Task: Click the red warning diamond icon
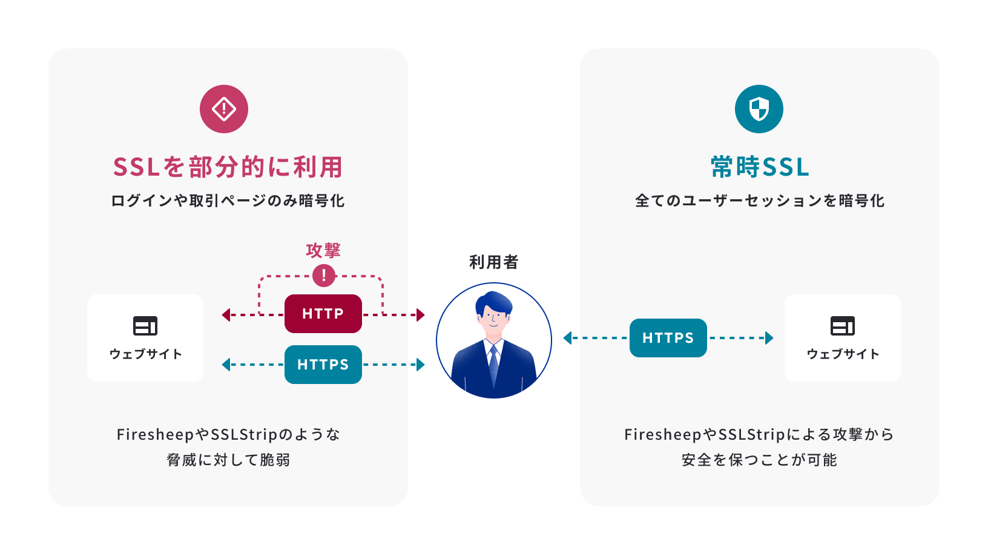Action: pos(224,109)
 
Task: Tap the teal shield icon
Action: pos(759,109)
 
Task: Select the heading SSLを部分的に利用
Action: pos(228,167)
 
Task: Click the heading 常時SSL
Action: pos(760,167)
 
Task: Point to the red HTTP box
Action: pos(323,314)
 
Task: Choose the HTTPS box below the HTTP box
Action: pos(323,365)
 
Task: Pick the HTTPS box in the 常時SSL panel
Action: pos(668,338)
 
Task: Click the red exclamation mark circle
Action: pos(324,276)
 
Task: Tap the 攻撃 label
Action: pos(323,250)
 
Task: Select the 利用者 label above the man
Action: pos(494,262)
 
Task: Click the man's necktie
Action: pos(494,363)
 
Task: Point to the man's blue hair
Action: pos(494,301)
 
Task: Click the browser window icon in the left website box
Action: pos(145,326)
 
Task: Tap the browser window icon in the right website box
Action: pos(842,326)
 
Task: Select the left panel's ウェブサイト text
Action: pos(145,354)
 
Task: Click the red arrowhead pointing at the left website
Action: pos(226,315)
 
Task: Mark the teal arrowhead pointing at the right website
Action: pos(769,338)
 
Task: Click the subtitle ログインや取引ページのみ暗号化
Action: pos(228,201)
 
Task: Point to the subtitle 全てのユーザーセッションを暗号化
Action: pos(760,201)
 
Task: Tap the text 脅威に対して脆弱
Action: pos(228,460)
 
